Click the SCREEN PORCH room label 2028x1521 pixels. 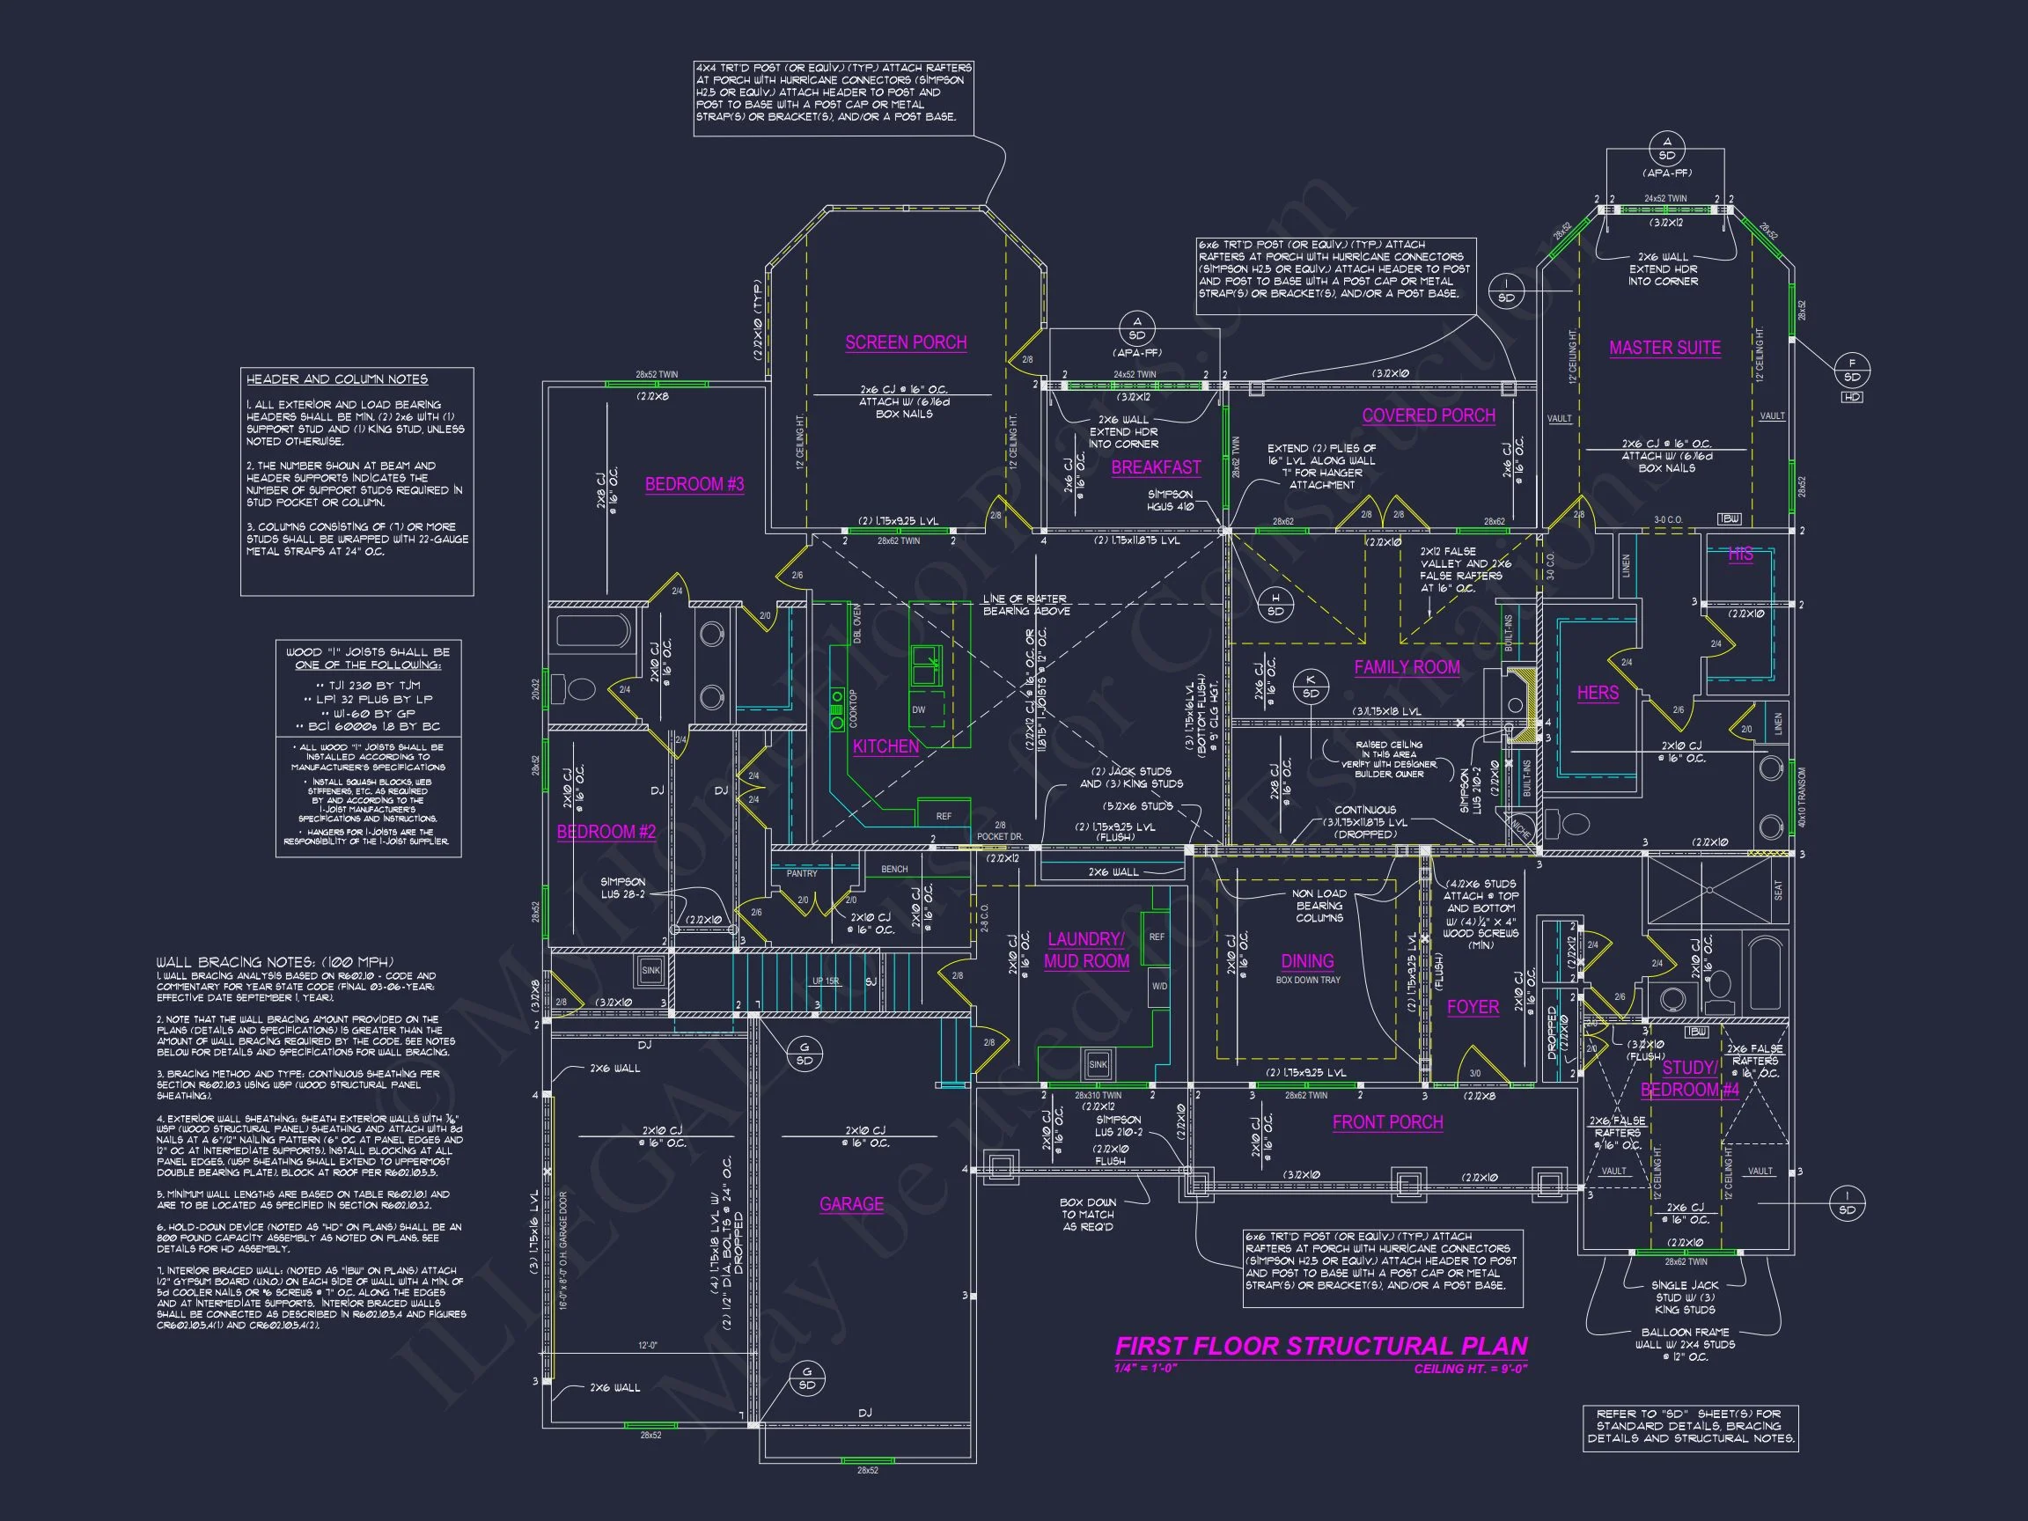coord(906,343)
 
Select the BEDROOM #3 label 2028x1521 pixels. coord(694,484)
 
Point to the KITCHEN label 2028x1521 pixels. coord(885,746)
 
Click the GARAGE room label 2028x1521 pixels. coord(851,1204)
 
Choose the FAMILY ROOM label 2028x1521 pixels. coord(1407,667)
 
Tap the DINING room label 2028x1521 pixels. coord(1306,961)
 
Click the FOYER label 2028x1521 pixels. coord(1473,1007)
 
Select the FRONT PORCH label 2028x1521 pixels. coord(1387,1122)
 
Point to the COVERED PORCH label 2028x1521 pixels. coord(1429,415)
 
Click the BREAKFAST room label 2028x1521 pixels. coord(1155,467)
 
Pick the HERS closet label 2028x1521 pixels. coord(1597,693)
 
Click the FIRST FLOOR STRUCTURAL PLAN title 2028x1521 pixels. coord(1320,1346)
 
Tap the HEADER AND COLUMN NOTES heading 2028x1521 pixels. coord(336,379)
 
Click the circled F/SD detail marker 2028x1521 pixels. coord(1852,371)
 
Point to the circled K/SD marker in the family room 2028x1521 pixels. coord(1310,687)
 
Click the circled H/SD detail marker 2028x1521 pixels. coord(1275,605)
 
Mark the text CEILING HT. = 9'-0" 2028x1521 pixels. coord(1470,1370)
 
